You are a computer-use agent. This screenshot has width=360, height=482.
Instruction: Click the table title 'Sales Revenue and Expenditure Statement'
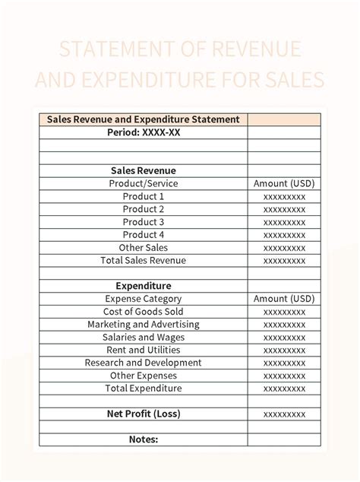pos(144,119)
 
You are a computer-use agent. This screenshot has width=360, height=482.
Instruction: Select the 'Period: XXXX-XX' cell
pos(144,132)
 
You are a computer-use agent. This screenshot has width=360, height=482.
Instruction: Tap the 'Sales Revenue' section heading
pos(144,171)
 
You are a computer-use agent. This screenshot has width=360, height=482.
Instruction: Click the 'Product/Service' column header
pos(144,183)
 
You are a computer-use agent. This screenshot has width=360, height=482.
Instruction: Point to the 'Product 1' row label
pos(144,196)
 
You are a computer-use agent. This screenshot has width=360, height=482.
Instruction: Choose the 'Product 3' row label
pos(144,222)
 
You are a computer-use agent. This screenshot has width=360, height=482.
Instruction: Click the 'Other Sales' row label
pos(144,248)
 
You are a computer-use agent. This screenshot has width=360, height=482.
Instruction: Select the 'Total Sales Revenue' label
pos(144,261)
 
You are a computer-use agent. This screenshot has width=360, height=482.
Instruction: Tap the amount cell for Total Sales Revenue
pos(284,261)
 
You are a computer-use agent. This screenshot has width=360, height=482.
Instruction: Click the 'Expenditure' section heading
pos(144,286)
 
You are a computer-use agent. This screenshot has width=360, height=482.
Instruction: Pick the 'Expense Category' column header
pos(144,299)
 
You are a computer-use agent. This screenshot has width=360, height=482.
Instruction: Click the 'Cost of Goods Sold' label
pos(144,312)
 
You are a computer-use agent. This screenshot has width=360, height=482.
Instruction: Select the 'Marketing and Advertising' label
pos(144,325)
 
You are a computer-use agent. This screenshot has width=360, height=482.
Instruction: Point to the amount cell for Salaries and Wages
pos(284,338)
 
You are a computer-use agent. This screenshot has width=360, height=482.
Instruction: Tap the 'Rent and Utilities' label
pos(144,350)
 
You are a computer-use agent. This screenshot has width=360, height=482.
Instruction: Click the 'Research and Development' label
pos(144,363)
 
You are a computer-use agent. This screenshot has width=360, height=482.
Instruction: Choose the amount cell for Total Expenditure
pos(284,388)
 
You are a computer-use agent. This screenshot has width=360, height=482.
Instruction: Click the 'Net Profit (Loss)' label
pos(144,414)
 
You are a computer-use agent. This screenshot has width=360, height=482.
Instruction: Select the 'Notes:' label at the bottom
pos(144,439)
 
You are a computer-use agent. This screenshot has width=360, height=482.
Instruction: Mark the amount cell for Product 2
pos(284,209)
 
